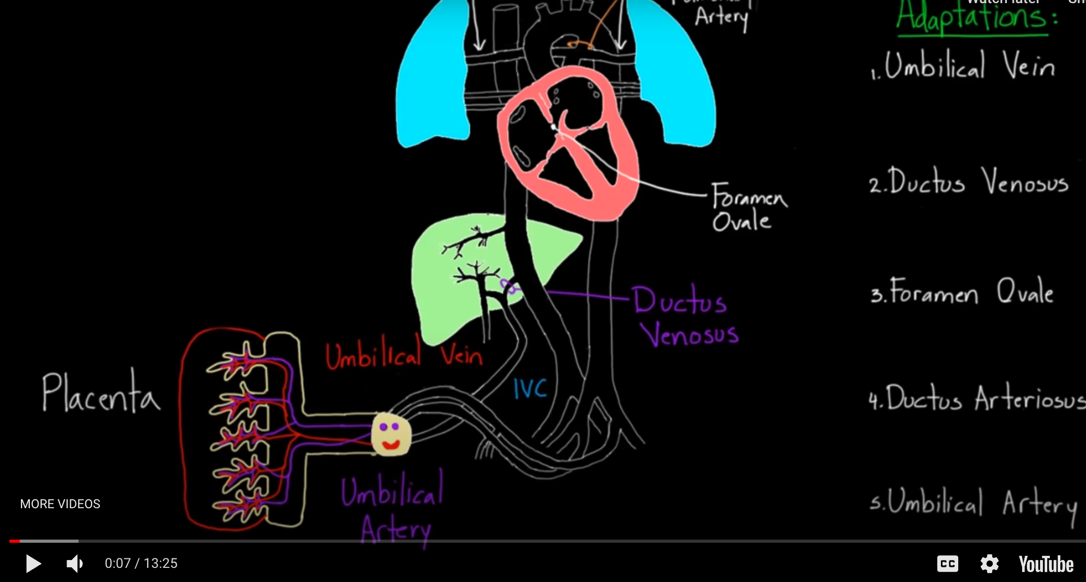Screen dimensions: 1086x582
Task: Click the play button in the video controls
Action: [x=33, y=564]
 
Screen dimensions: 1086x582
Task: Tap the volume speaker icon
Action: [x=74, y=564]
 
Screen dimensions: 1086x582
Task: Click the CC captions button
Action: [x=947, y=564]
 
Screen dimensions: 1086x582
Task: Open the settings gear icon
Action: [x=989, y=564]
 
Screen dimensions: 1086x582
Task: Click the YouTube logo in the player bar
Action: [x=1046, y=564]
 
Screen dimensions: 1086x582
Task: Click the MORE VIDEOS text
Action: [x=60, y=504]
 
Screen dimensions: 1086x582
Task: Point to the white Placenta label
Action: [x=101, y=393]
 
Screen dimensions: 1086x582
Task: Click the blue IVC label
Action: [x=530, y=389]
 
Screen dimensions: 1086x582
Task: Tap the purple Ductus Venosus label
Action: [x=685, y=317]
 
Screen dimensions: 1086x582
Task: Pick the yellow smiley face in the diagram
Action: [x=391, y=434]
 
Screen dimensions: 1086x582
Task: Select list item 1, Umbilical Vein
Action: [x=963, y=67]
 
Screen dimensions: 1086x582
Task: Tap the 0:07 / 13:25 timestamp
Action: [x=141, y=564]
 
